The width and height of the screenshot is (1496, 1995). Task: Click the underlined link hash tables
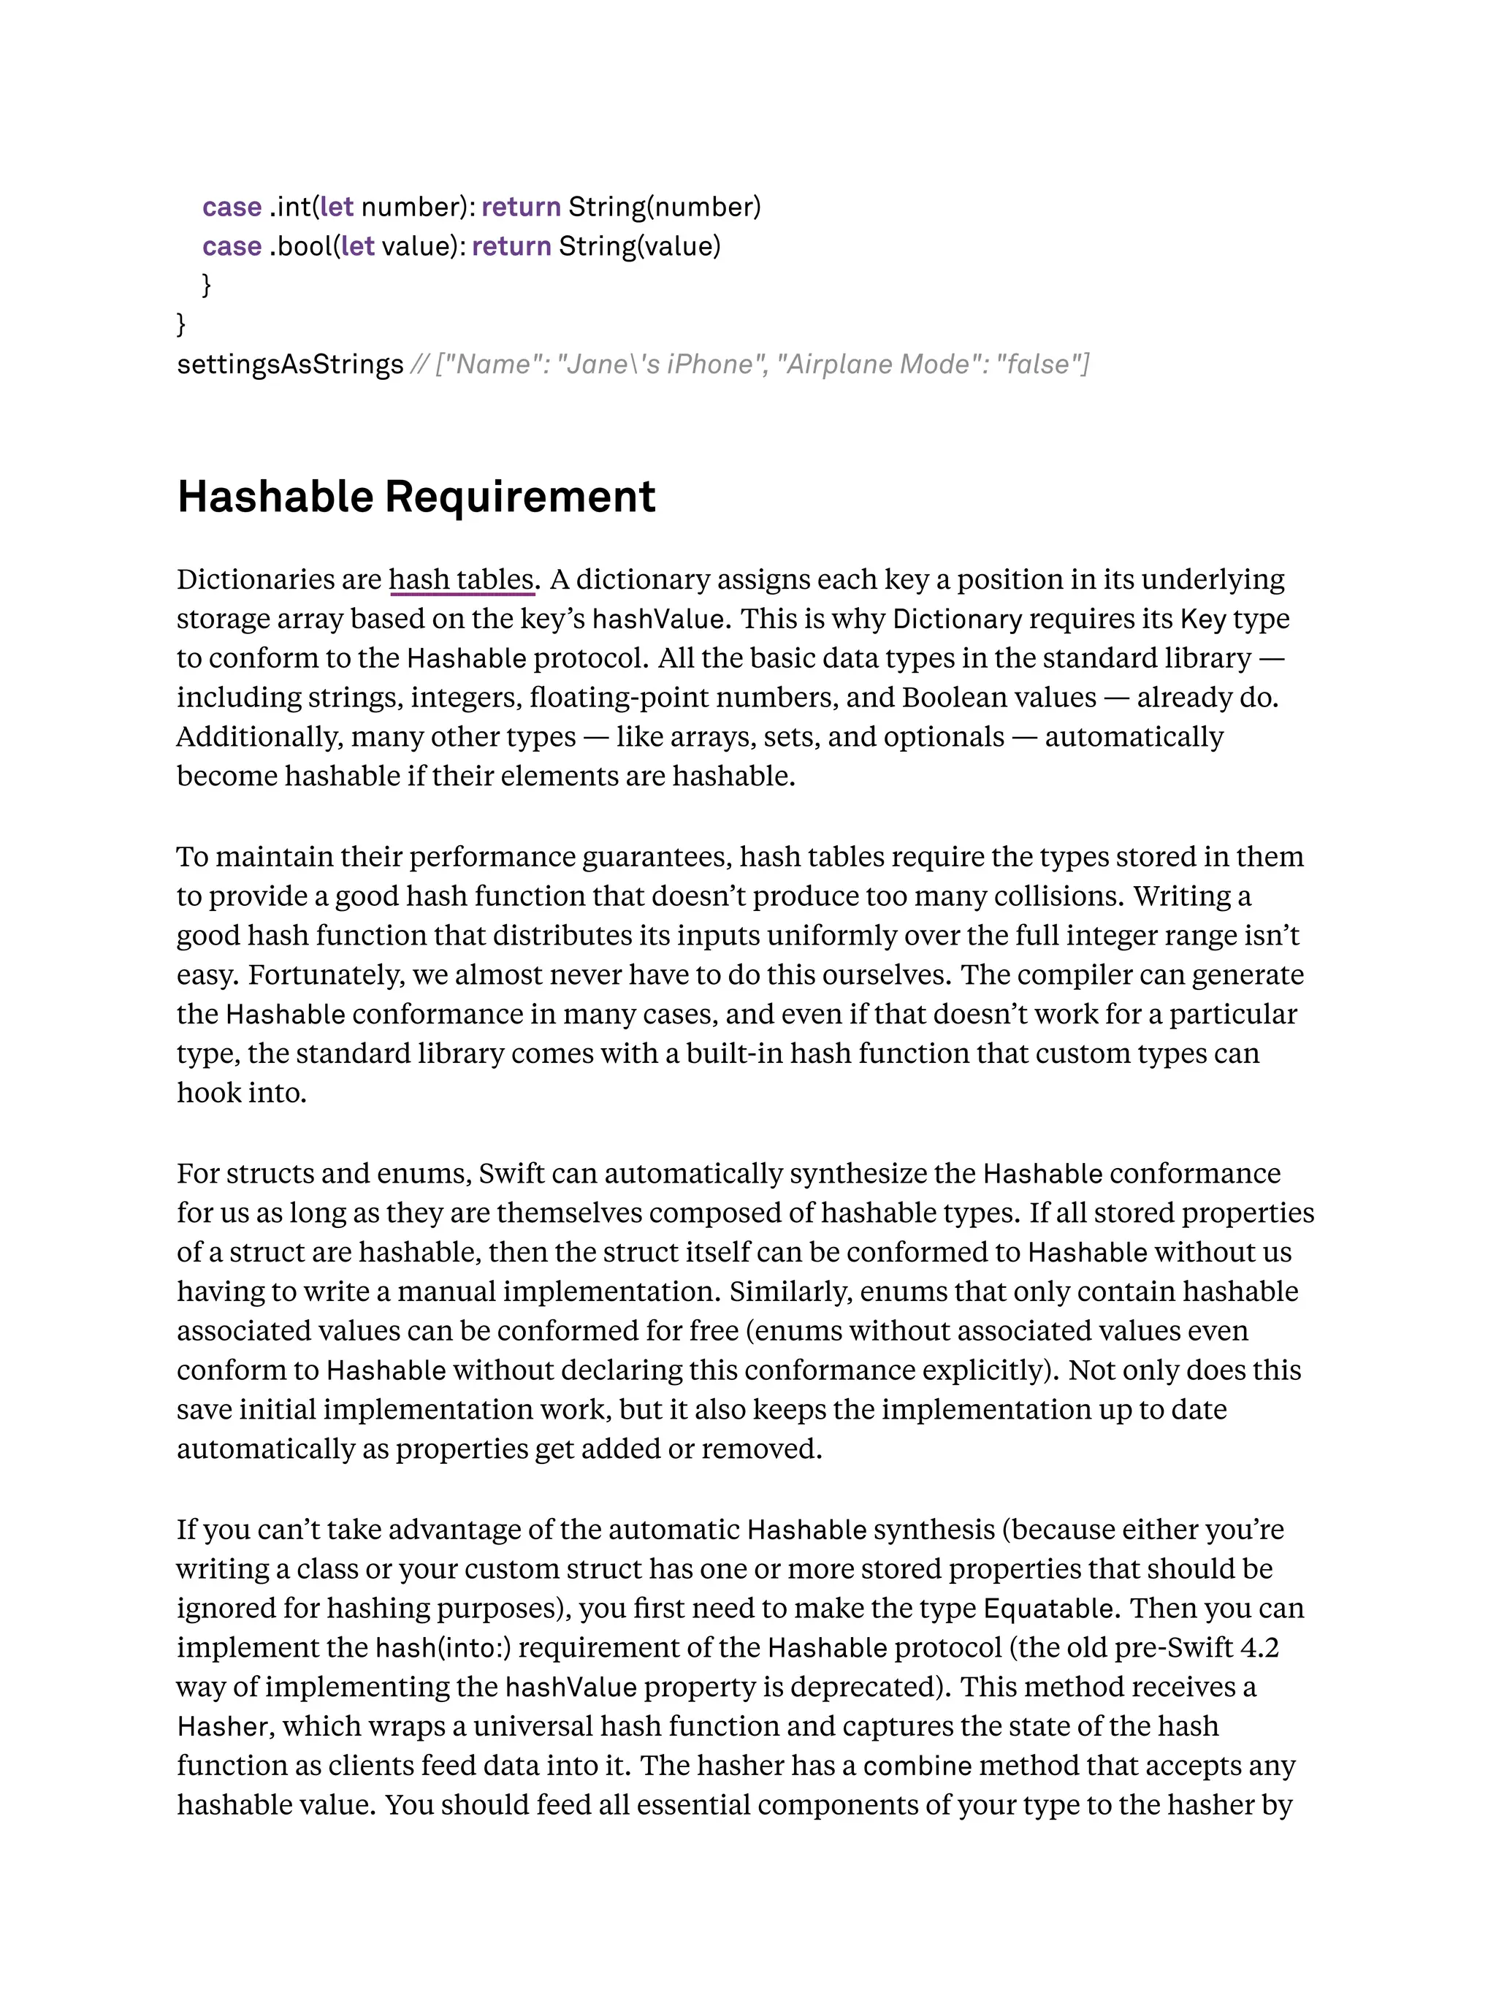pyautogui.click(x=462, y=579)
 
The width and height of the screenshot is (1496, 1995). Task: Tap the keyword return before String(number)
pyautogui.click(x=522, y=207)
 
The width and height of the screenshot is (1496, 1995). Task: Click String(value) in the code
pyautogui.click(x=639, y=246)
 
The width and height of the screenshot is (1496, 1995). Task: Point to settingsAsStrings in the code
pyautogui.click(x=289, y=365)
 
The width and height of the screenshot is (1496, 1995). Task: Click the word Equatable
pyautogui.click(x=1050, y=1608)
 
